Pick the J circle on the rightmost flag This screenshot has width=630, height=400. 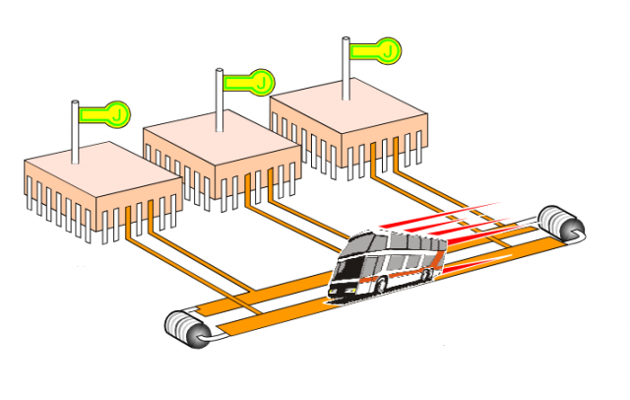390,48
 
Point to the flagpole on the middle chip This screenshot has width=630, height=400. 218,99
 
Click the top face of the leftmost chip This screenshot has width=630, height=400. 98,173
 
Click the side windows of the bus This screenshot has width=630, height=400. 404,259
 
